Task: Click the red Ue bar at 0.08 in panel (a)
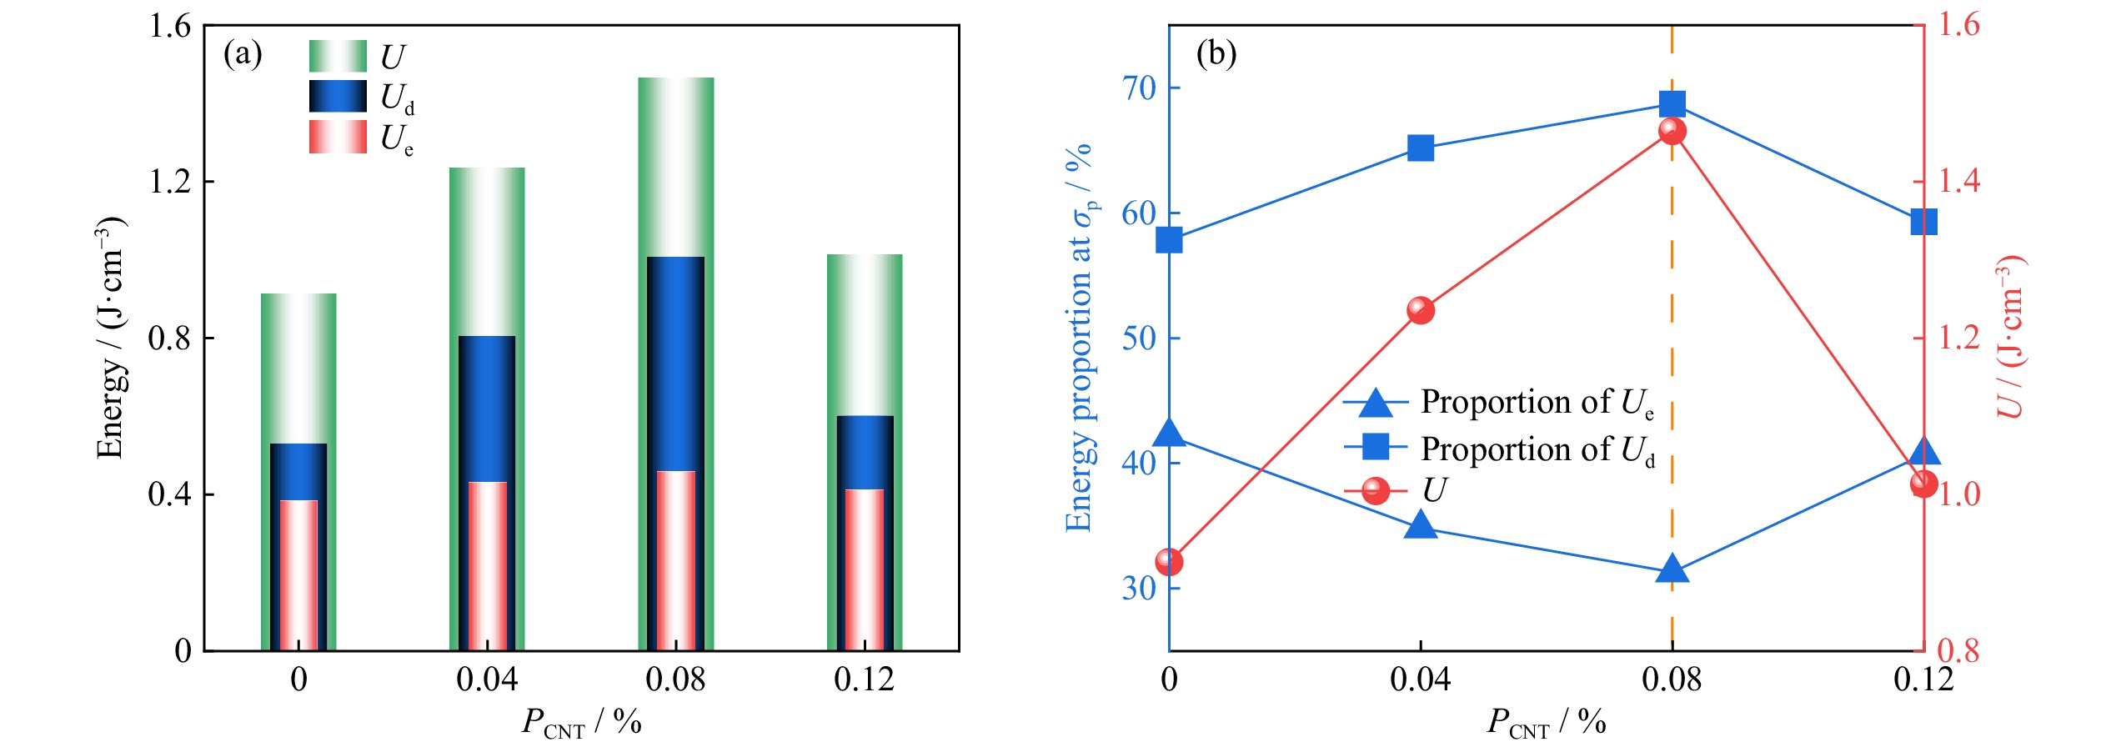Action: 675,560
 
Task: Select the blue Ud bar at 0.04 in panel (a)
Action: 487,409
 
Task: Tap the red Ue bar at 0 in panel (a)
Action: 298,575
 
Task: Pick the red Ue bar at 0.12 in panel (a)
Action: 865,569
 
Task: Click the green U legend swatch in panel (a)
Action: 338,56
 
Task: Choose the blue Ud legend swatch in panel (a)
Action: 338,96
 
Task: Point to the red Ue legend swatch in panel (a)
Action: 338,137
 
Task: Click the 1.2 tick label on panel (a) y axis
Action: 170,182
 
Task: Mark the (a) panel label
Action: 243,54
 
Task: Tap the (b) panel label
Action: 1216,54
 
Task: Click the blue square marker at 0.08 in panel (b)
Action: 1672,104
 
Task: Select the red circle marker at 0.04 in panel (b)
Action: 1421,310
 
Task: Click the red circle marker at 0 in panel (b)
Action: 1170,562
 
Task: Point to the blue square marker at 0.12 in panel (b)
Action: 1923,223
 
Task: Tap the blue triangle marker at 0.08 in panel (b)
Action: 1672,570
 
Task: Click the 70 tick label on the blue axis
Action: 1139,88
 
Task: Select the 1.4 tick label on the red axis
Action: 1958,181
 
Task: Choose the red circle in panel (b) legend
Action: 1376,490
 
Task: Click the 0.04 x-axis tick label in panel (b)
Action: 1420,680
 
